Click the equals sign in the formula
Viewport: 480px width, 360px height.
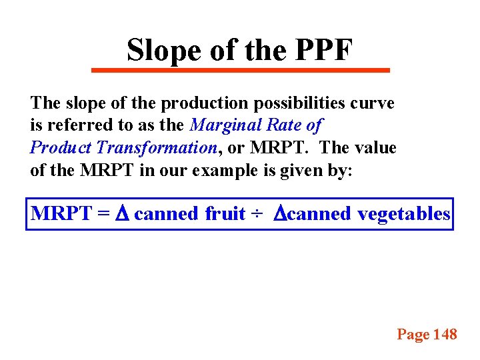pyautogui.click(x=102, y=214)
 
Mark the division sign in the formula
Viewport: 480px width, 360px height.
pyautogui.click(x=256, y=214)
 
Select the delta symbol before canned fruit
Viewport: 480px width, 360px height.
pyautogui.click(x=122, y=214)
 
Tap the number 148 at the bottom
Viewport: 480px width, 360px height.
pyautogui.click(x=445, y=335)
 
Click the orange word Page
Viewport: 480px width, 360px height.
pyautogui.click(x=413, y=335)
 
